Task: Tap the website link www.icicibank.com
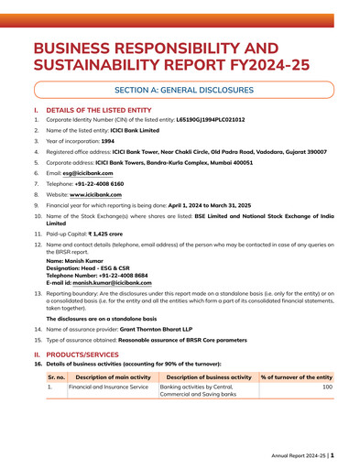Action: [99, 195]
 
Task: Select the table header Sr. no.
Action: [56, 376]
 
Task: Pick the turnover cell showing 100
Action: [326, 387]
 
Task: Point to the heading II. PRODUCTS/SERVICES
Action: [77, 352]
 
